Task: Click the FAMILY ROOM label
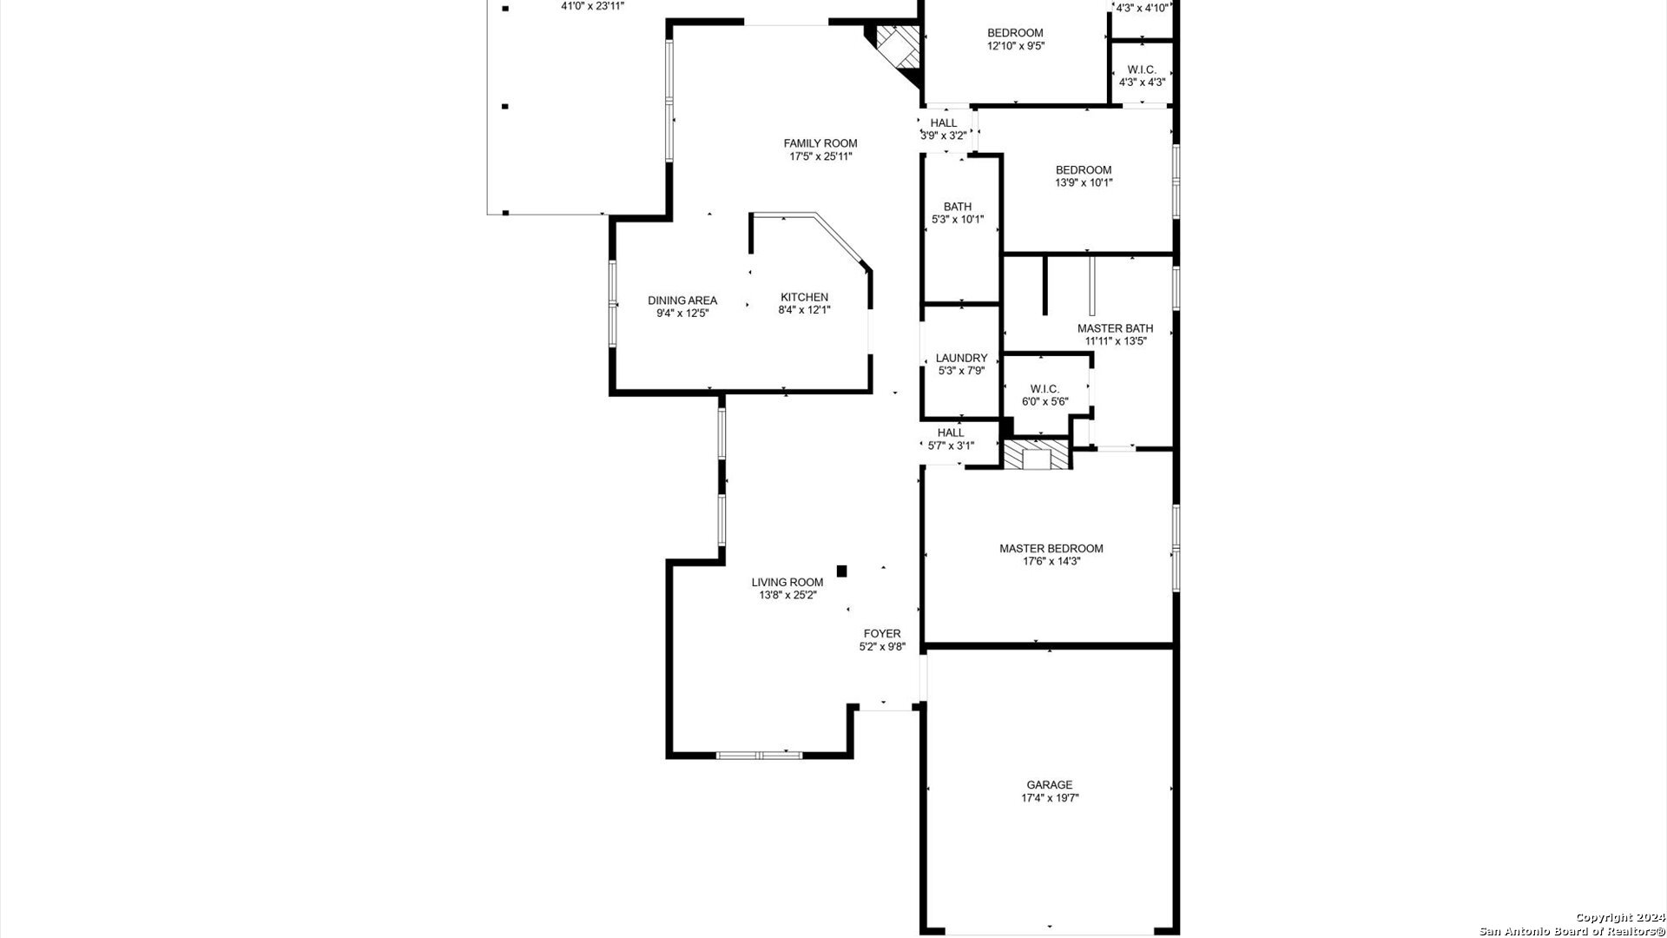pyautogui.click(x=820, y=143)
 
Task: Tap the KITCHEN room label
pyautogui.click(x=804, y=297)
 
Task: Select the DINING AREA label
pyautogui.click(x=682, y=301)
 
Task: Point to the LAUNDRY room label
pyautogui.click(x=961, y=358)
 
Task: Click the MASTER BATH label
pyautogui.click(x=1115, y=328)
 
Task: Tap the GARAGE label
pyautogui.click(x=1050, y=785)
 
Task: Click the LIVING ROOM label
pyautogui.click(x=787, y=582)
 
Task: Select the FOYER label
pyautogui.click(x=882, y=633)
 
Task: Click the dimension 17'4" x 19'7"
pyautogui.click(x=1051, y=798)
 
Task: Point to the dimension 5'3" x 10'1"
pyautogui.click(x=958, y=220)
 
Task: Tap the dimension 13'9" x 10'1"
pyautogui.click(x=1084, y=183)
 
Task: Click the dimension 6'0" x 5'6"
pyautogui.click(x=1044, y=402)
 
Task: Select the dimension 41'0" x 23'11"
pyautogui.click(x=593, y=5)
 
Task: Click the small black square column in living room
pyautogui.click(x=841, y=571)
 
